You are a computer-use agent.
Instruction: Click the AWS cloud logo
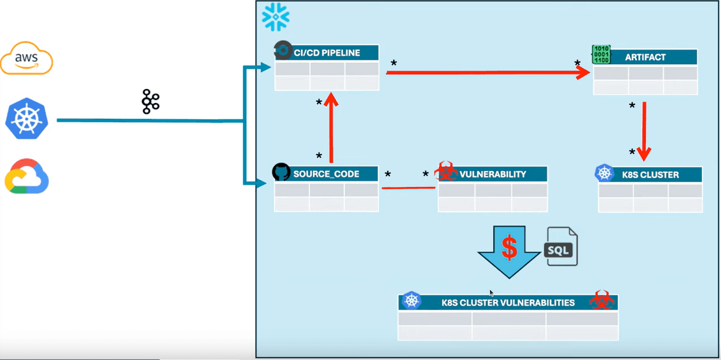(x=27, y=59)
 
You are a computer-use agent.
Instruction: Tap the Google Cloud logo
(x=27, y=176)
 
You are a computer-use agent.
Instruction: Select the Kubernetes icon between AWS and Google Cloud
(x=27, y=119)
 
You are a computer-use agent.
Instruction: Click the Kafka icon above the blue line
(x=150, y=102)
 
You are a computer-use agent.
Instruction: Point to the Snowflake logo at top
(x=276, y=17)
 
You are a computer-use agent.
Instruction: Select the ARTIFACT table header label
(x=645, y=57)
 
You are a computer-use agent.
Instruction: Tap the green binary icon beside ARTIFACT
(x=601, y=55)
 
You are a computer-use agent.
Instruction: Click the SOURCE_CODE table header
(x=326, y=174)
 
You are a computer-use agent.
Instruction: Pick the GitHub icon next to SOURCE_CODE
(x=281, y=172)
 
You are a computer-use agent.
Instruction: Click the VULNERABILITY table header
(x=492, y=174)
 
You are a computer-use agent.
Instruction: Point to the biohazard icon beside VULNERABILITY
(x=445, y=171)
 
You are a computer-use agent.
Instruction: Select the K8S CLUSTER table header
(x=650, y=174)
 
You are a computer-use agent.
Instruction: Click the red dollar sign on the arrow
(x=508, y=248)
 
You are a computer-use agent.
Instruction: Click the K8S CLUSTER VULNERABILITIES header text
(x=508, y=303)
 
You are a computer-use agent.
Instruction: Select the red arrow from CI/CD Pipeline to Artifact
(x=487, y=73)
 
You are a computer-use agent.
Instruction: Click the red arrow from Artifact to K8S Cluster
(x=644, y=130)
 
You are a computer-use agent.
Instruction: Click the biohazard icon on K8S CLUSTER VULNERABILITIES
(x=601, y=300)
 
